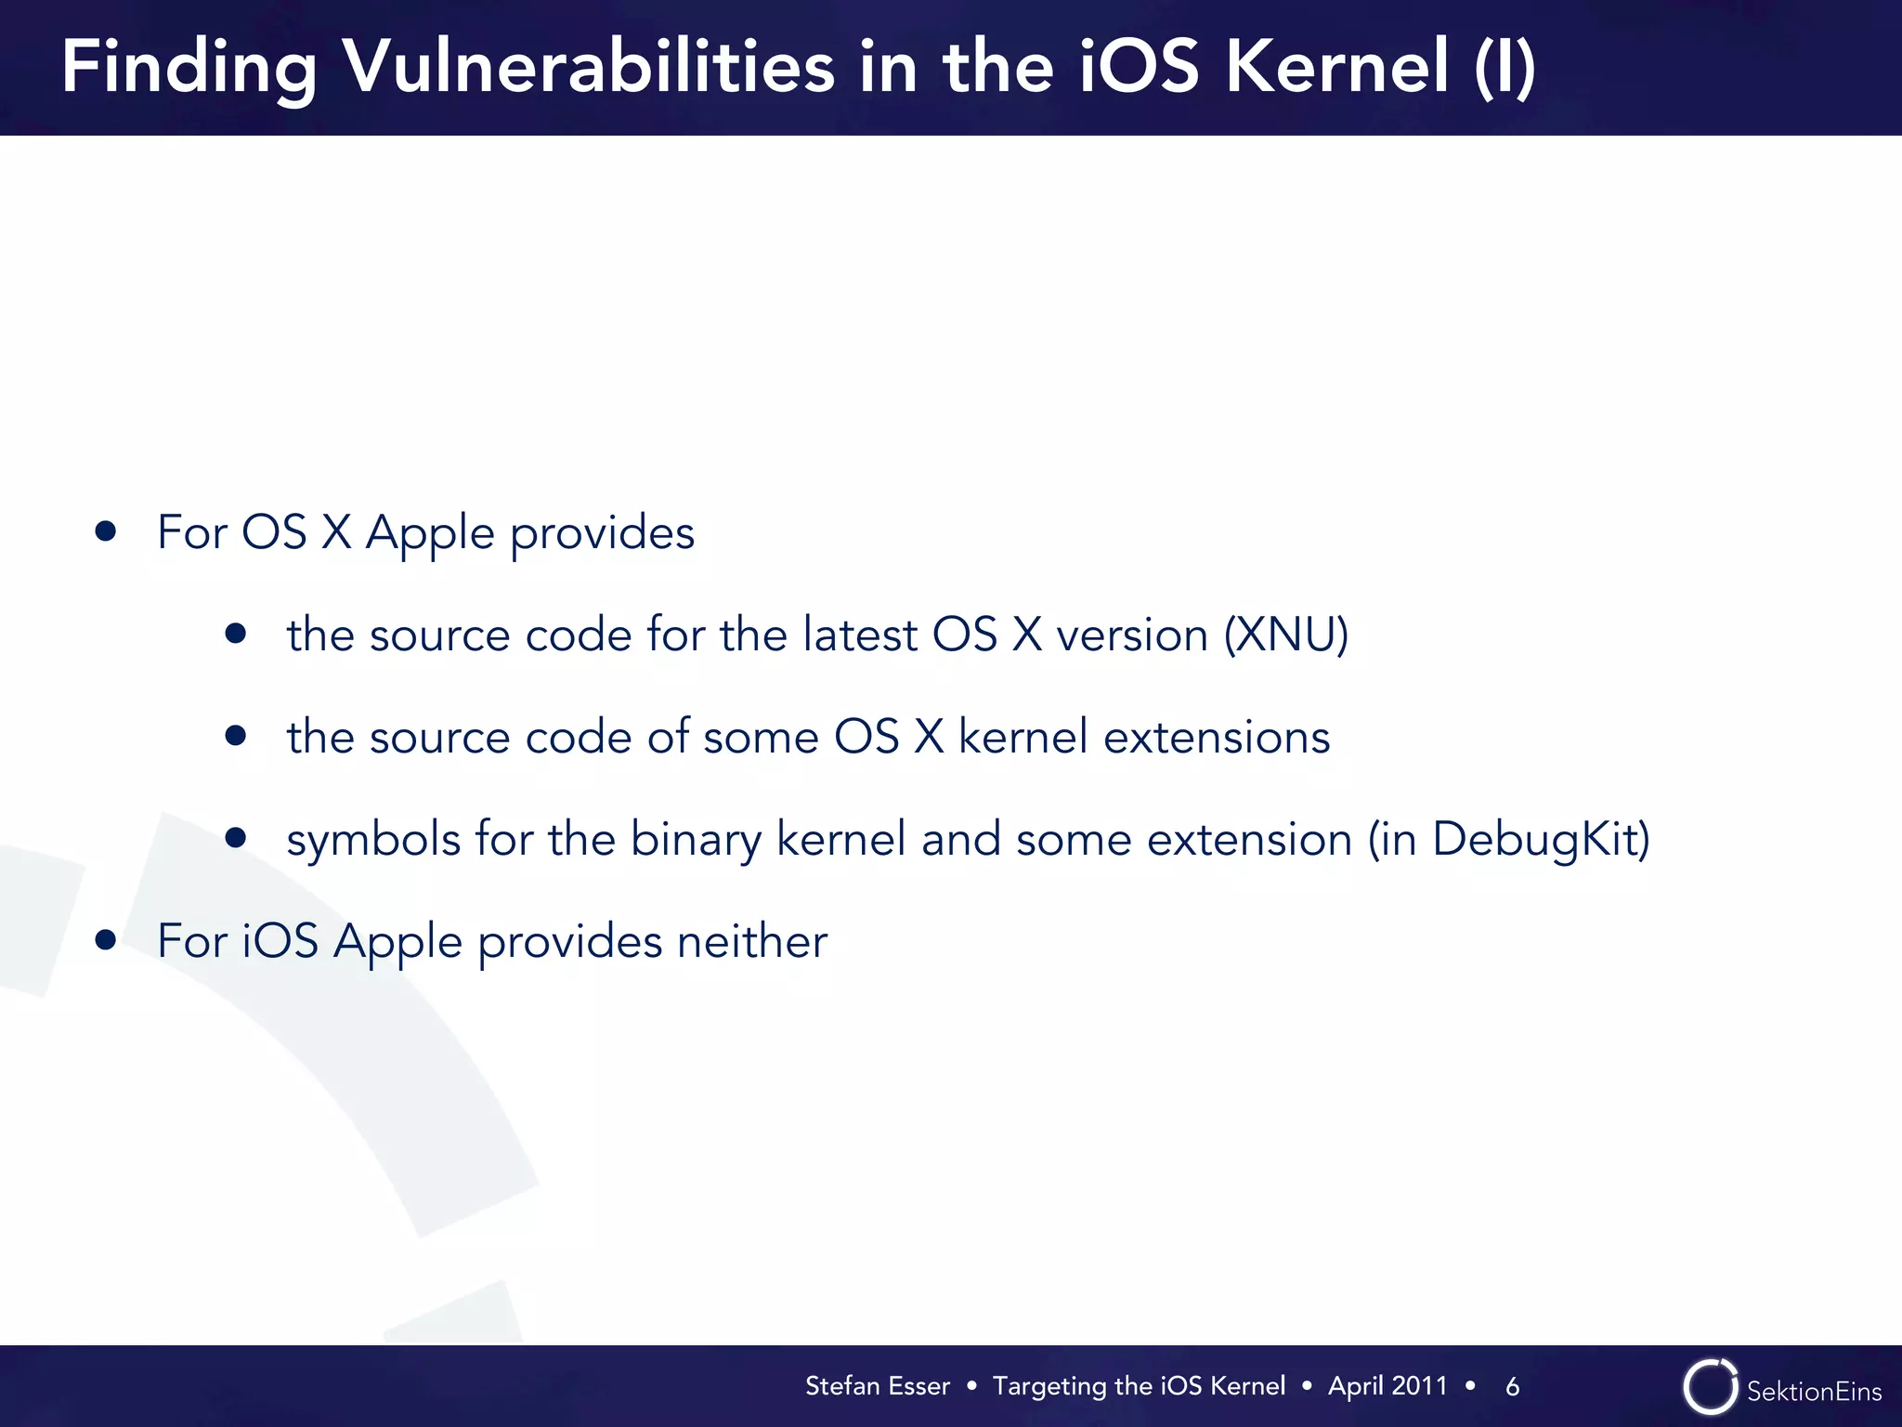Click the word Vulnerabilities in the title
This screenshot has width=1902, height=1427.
588,67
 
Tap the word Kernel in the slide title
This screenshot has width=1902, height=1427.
1337,67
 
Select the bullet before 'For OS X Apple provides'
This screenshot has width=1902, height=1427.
106,531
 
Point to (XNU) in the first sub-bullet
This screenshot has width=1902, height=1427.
1285,635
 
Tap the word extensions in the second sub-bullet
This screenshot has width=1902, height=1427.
1216,738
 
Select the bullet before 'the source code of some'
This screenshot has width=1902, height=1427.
236,736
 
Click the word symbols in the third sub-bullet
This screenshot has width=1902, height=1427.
373,840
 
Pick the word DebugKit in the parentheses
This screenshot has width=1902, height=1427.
1532,840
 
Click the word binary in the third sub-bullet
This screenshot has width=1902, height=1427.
696,840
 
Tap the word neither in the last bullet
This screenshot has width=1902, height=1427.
751,941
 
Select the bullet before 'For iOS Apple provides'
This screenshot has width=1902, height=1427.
106,940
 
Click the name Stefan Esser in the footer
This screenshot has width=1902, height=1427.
877,1386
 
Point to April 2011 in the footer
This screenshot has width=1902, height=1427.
1387,1386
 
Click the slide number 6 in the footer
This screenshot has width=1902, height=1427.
1512,1387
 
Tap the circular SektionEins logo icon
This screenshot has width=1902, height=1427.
1710,1387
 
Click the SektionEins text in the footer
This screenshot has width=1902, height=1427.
1814,1391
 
